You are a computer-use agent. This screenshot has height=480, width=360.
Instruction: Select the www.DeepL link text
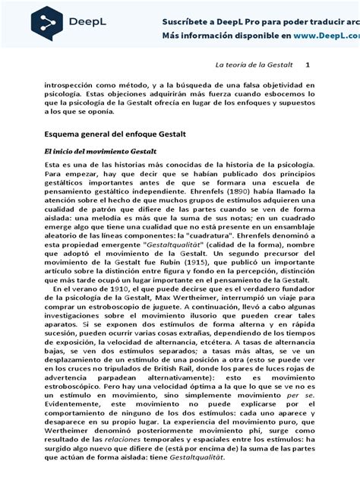click(x=318, y=35)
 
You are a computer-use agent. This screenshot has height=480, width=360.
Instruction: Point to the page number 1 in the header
click(x=308, y=65)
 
